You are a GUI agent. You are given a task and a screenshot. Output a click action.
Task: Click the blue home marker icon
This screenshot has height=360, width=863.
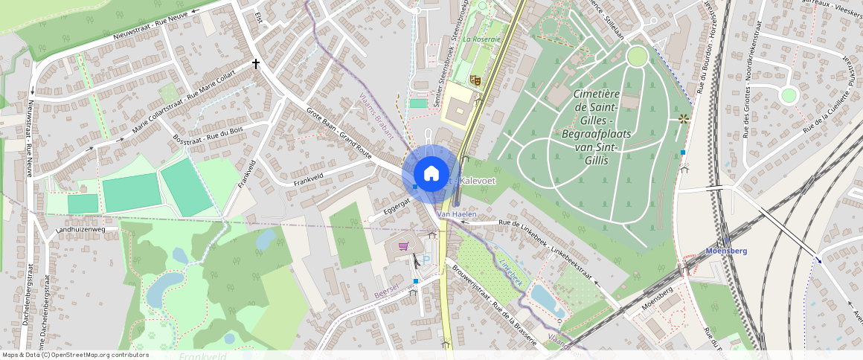click(431, 174)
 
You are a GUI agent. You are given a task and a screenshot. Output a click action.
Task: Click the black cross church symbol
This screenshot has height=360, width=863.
click(257, 65)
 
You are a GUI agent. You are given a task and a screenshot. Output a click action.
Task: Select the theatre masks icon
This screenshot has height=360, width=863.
click(475, 78)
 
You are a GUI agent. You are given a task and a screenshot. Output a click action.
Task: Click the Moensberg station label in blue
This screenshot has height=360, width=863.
click(725, 251)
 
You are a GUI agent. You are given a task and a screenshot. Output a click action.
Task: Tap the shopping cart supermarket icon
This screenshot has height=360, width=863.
click(404, 245)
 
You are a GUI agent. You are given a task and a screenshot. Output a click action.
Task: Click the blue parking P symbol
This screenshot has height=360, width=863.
click(426, 260)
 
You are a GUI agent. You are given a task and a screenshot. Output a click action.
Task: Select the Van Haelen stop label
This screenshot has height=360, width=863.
click(457, 214)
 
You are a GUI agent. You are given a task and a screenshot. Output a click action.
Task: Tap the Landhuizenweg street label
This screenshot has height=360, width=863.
click(81, 231)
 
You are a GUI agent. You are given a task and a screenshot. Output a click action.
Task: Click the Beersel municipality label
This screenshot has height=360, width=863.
click(387, 289)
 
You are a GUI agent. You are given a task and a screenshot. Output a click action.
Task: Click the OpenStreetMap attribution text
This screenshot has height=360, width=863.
click(76, 355)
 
